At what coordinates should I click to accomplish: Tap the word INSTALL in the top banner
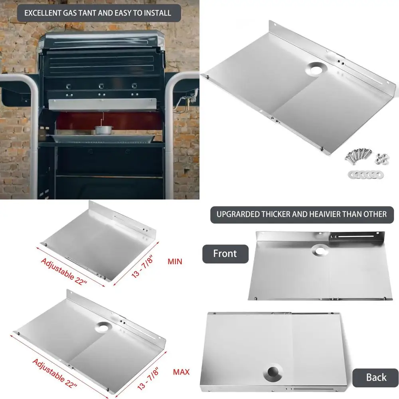point(156,13)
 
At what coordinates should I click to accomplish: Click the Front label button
point(225,254)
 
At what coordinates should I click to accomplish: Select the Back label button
point(376,377)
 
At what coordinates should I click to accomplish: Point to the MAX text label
point(181,372)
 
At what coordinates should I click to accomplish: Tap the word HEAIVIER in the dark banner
point(327,214)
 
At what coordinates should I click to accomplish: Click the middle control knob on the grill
point(101,86)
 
